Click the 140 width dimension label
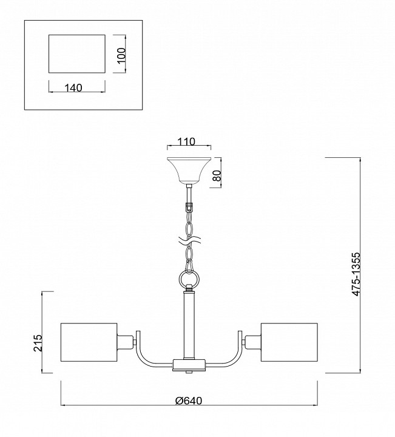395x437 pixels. click(73, 88)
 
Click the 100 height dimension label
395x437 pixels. click(121, 56)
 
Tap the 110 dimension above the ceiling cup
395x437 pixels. click(186, 142)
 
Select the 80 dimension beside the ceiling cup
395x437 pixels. click(217, 175)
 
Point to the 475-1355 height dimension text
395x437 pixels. click(356, 274)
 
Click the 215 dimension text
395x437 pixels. click(38, 343)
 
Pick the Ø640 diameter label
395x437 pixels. click(189, 401)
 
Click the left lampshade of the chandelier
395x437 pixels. click(89, 342)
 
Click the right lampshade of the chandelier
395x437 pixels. click(289, 342)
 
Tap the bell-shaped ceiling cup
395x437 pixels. click(189, 171)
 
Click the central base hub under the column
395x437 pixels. click(189, 365)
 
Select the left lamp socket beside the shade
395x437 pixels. click(124, 342)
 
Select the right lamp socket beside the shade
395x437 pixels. click(253, 342)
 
